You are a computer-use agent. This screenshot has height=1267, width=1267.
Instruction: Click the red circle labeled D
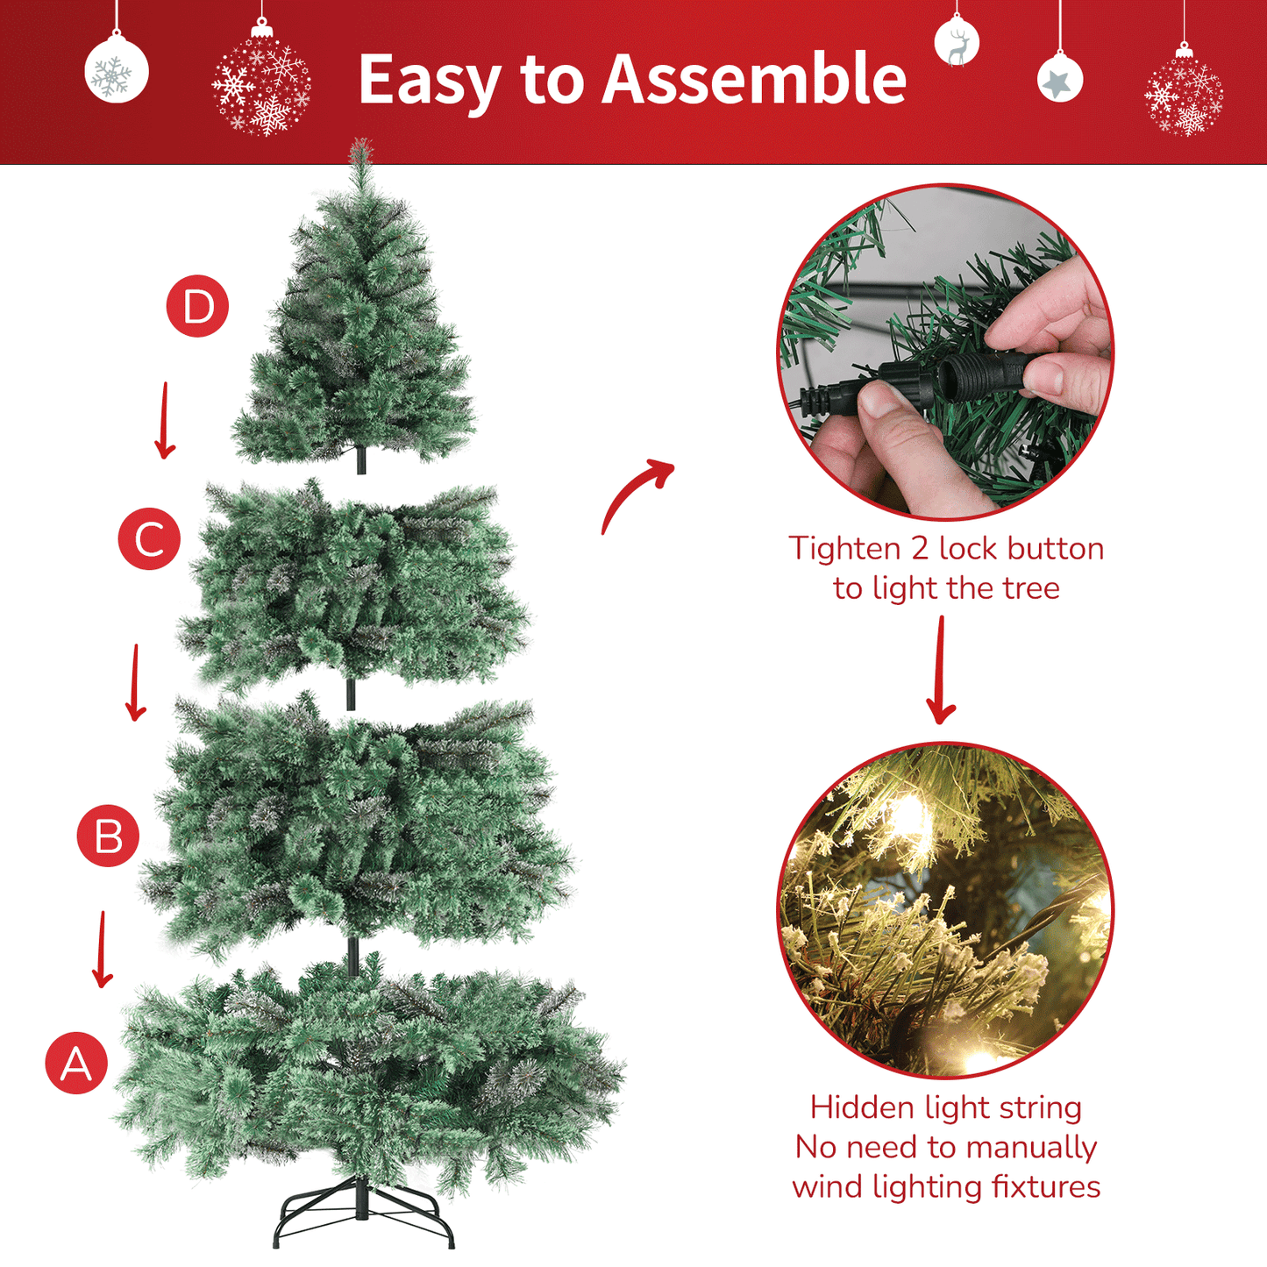(x=197, y=307)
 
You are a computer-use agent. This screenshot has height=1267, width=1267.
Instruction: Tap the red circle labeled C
(x=149, y=539)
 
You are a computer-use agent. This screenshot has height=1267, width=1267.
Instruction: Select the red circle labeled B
(x=108, y=836)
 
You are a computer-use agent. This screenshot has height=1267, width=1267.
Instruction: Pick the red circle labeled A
(x=76, y=1064)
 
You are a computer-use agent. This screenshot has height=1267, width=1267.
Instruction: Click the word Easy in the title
(x=429, y=81)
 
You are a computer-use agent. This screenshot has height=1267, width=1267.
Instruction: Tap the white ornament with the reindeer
(x=957, y=44)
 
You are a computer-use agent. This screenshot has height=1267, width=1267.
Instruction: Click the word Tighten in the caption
(x=844, y=549)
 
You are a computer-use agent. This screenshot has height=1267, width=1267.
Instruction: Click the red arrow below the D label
(x=164, y=421)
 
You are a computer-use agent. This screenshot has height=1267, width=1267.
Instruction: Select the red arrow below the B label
(x=103, y=950)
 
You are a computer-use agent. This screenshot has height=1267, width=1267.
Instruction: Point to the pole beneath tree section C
(x=351, y=694)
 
